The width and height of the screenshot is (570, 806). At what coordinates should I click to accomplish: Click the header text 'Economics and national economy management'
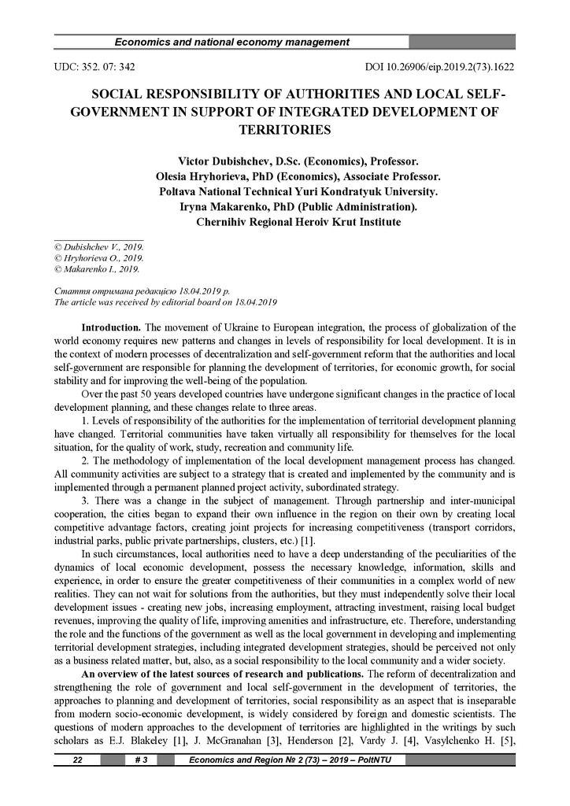click(232, 42)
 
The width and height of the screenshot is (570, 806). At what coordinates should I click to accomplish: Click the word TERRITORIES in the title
click(284, 128)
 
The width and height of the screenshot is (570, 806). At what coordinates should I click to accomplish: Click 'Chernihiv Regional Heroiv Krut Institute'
click(298, 223)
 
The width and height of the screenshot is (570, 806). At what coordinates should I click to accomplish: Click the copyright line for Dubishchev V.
click(98, 246)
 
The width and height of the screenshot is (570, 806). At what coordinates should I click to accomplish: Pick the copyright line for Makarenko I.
click(97, 268)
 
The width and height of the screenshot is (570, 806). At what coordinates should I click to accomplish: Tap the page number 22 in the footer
click(77, 760)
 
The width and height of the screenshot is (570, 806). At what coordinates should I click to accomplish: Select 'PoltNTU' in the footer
click(381, 760)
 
